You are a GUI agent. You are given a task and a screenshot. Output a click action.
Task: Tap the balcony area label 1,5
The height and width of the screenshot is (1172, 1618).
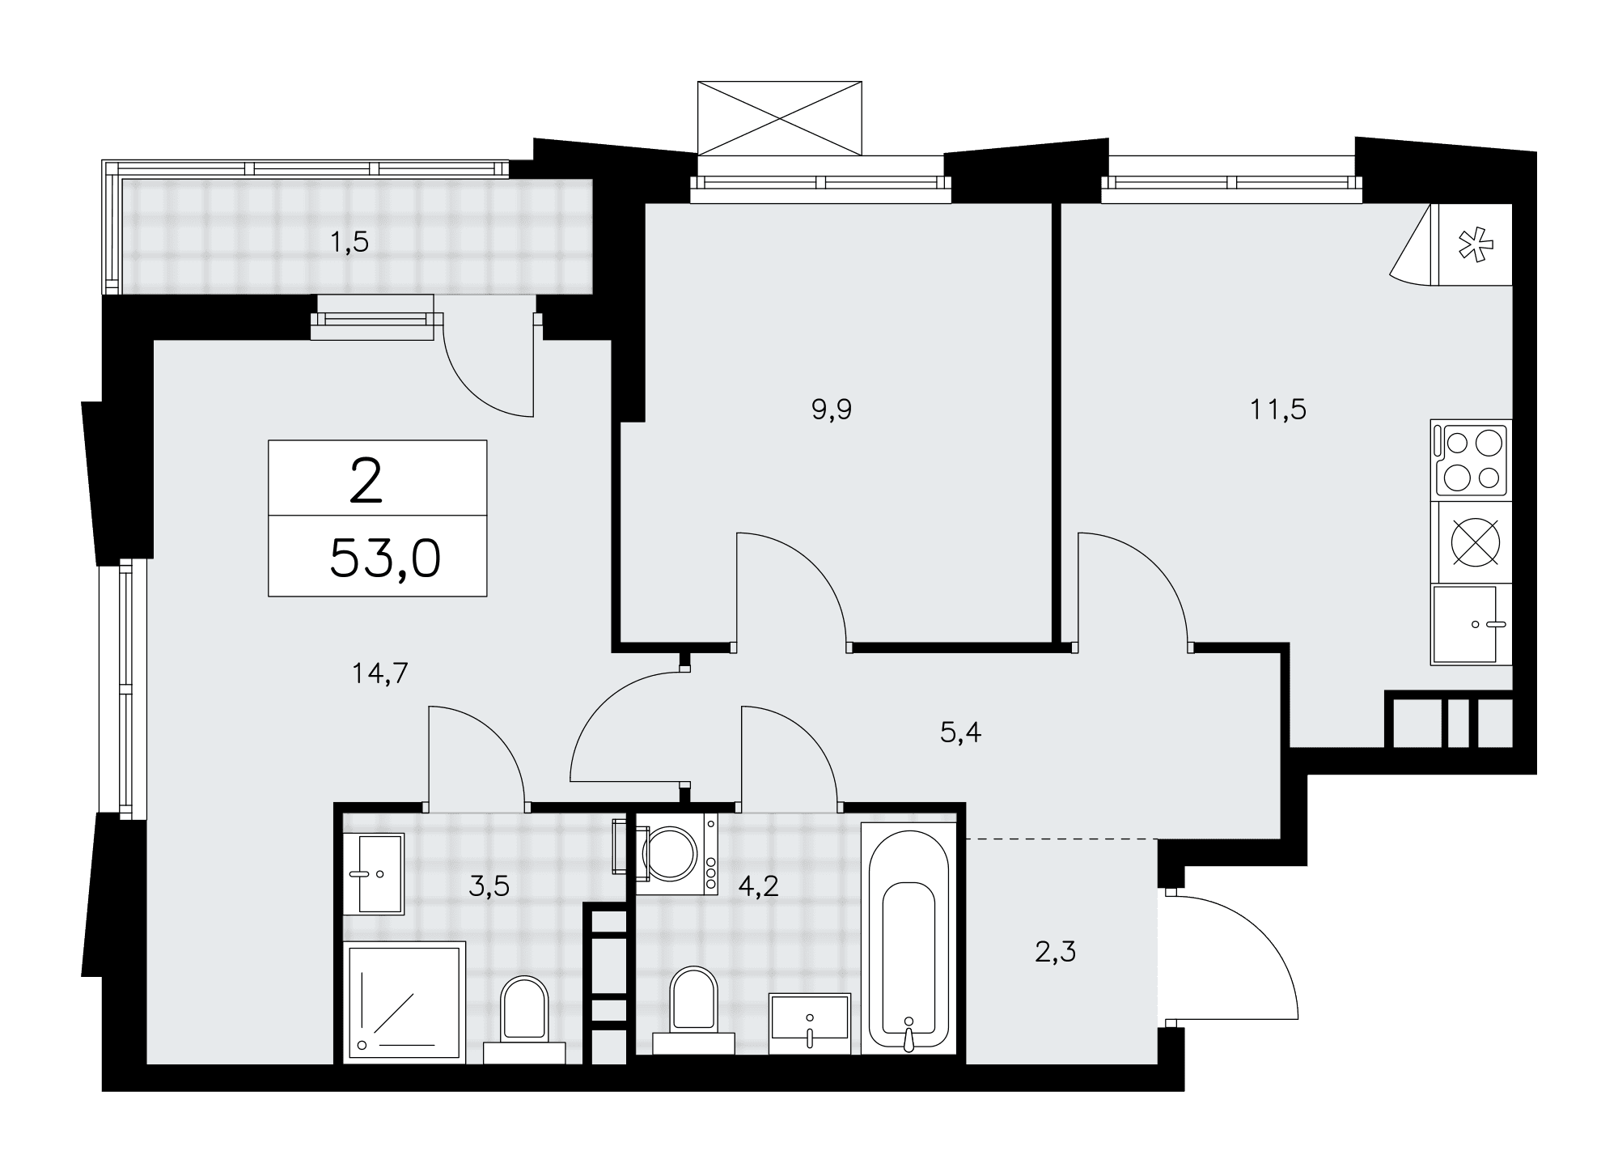pyautogui.click(x=349, y=241)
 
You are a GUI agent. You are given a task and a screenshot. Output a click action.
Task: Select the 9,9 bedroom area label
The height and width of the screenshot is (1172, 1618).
pyautogui.click(x=832, y=410)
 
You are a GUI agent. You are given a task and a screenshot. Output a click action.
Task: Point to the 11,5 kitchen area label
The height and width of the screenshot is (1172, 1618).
pyautogui.click(x=1278, y=410)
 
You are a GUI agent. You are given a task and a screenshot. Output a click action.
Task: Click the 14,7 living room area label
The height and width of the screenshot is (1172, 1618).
pyautogui.click(x=380, y=673)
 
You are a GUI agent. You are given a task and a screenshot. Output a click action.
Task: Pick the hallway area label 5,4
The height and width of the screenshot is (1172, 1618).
pyautogui.click(x=961, y=732)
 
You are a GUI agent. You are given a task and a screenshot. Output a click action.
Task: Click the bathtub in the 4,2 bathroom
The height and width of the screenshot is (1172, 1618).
pyautogui.click(x=909, y=938)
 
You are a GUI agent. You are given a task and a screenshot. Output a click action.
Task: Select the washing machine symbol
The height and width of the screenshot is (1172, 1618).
pyautogui.click(x=676, y=853)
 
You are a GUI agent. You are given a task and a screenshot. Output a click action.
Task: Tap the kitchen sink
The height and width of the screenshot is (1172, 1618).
pyautogui.click(x=1471, y=624)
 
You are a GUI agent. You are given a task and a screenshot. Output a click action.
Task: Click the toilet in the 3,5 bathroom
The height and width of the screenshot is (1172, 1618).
pyautogui.click(x=524, y=1019)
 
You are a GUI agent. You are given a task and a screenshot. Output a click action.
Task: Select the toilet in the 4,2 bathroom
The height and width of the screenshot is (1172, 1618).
pyautogui.click(x=694, y=1011)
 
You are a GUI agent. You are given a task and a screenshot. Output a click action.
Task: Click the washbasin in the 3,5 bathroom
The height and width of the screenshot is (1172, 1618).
pyautogui.click(x=374, y=874)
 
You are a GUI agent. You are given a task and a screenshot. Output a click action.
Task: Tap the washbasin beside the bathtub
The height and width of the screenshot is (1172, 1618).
pyautogui.click(x=810, y=1024)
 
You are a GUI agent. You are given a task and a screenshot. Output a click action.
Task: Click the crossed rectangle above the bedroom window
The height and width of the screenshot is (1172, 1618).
pyautogui.click(x=780, y=117)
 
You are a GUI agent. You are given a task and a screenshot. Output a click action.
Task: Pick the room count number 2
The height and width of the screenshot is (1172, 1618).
pyautogui.click(x=366, y=480)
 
